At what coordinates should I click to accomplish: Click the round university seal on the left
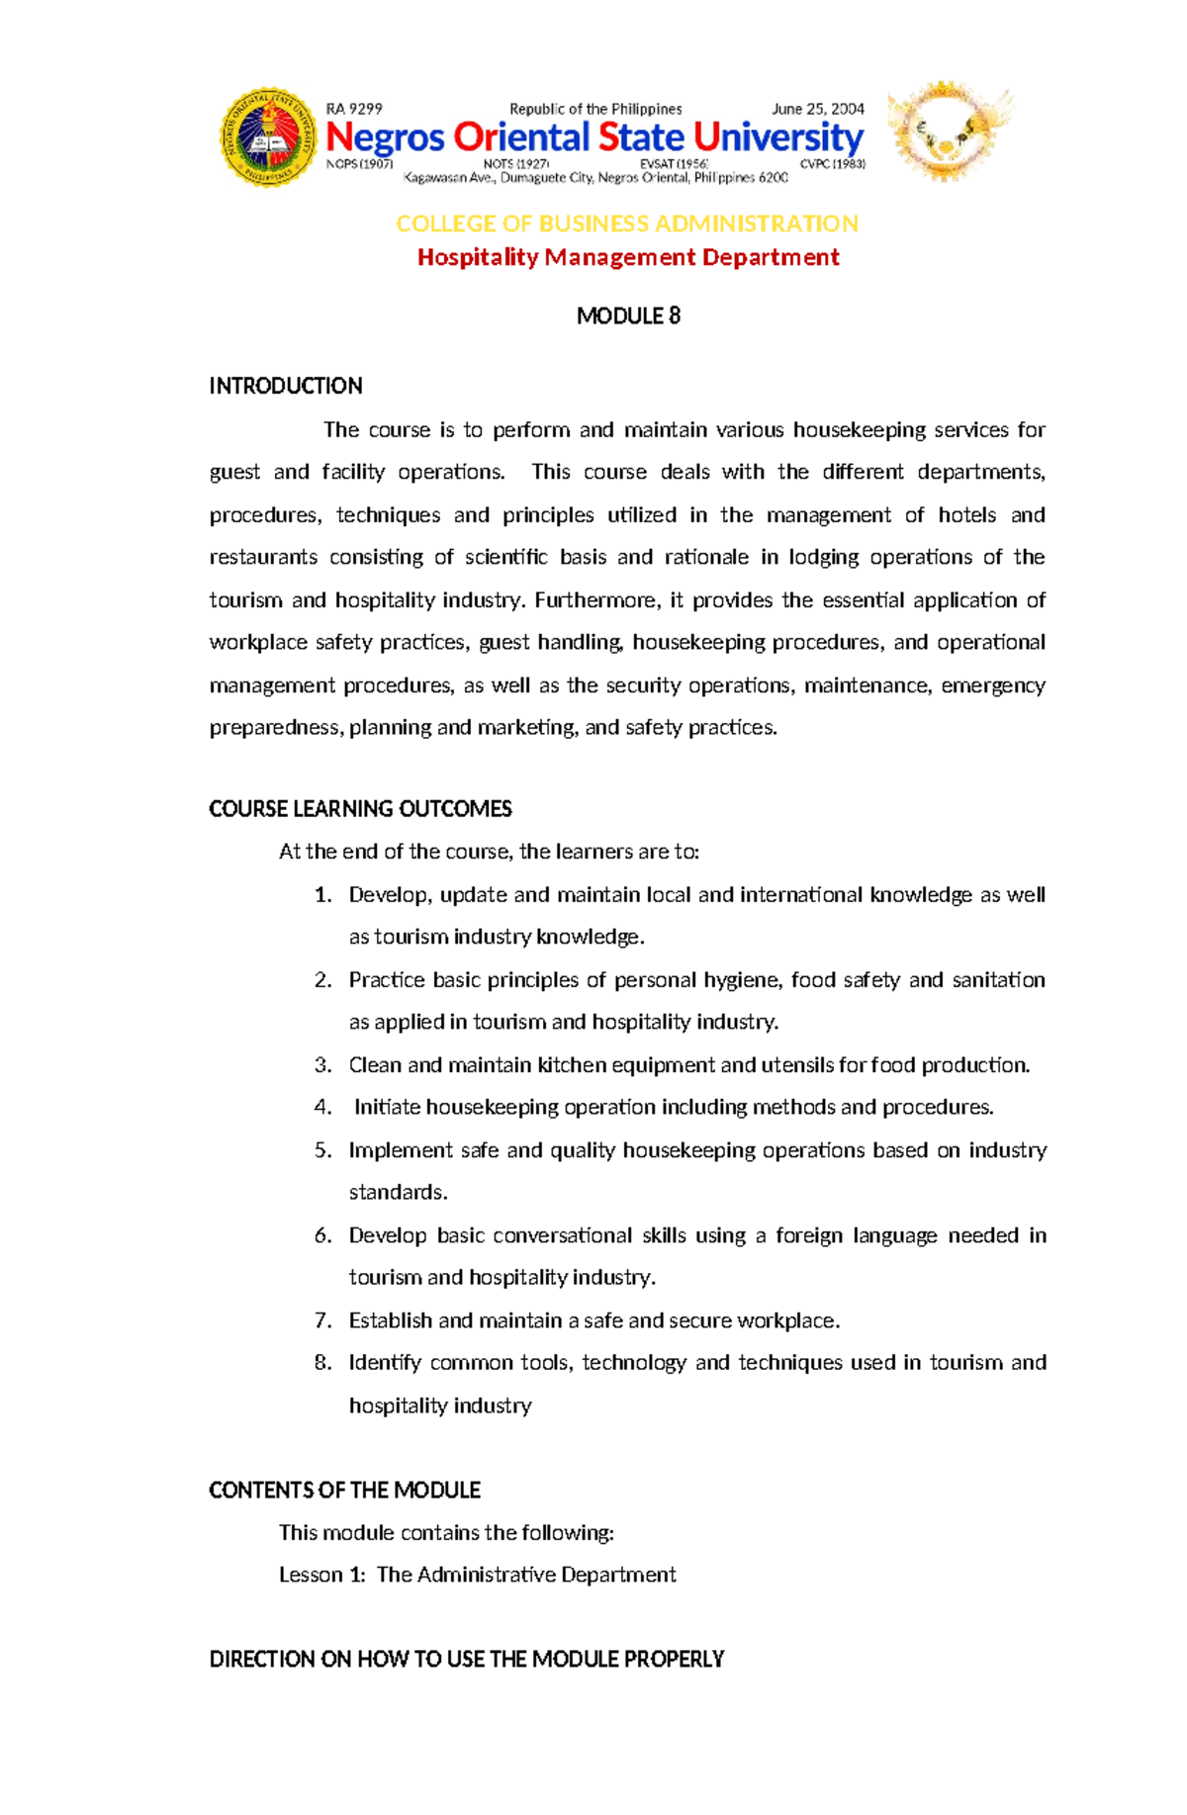267,137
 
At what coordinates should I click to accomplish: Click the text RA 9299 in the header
353,109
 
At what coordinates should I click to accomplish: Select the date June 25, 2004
817,109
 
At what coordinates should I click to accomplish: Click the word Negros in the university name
385,137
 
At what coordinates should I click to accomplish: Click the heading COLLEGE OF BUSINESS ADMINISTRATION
627,224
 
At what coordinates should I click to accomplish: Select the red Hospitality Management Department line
627,257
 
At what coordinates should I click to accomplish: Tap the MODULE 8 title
628,316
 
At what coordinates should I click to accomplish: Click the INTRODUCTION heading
286,386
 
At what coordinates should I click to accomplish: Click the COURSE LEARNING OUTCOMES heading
360,809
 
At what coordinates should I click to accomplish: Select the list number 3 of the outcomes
322,1065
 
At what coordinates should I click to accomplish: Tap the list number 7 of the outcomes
322,1320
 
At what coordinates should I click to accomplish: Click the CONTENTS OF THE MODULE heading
344,1490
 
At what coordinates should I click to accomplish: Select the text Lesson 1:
321,1575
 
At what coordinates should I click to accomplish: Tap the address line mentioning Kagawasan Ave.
595,178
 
